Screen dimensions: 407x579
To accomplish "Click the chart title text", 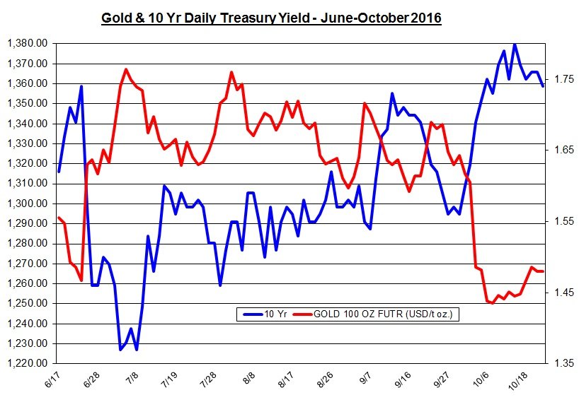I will point(272,18).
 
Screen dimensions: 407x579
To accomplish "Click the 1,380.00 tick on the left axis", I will point(27,44).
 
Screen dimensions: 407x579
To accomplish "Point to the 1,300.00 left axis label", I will point(27,203).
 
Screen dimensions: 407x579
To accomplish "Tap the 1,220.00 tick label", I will point(27,363).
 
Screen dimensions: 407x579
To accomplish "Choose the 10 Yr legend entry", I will point(263,314).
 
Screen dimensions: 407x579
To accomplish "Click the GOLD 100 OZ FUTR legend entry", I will point(375,314).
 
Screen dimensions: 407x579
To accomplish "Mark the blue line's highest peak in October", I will point(515,44).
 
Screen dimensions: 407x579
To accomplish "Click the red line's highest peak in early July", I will point(126,69).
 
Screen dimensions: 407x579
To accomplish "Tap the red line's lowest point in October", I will point(492,302).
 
